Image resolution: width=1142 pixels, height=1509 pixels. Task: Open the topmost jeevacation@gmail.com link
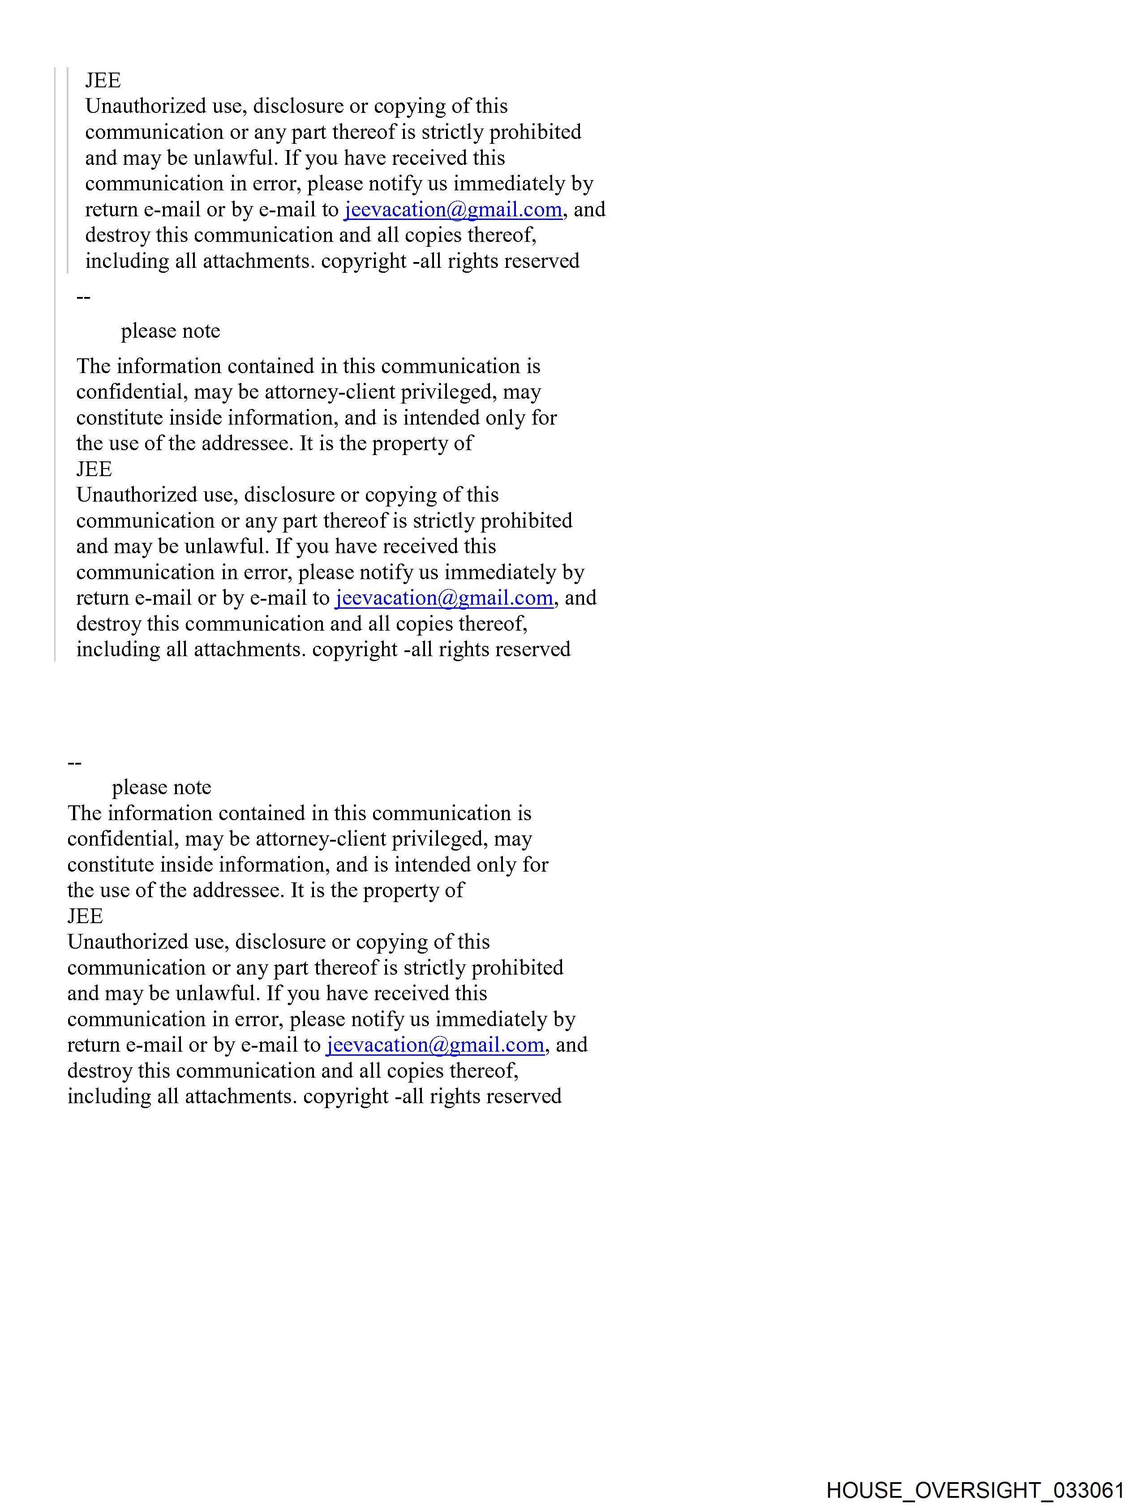click(x=453, y=210)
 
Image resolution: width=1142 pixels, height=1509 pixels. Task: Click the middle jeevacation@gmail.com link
click(x=444, y=598)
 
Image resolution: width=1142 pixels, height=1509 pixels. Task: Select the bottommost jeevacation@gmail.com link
click(x=435, y=1045)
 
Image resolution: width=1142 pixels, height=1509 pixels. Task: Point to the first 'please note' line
click(x=171, y=331)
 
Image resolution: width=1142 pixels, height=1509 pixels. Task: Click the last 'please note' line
click(x=162, y=787)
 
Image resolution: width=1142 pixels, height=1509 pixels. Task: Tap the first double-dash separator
click(x=83, y=297)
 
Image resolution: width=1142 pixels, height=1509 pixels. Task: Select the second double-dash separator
click(x=74, y=763)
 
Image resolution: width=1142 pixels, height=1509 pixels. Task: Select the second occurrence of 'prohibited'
click(x=526, y=520)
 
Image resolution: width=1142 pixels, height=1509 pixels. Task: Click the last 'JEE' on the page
click(x=85, y=916)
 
